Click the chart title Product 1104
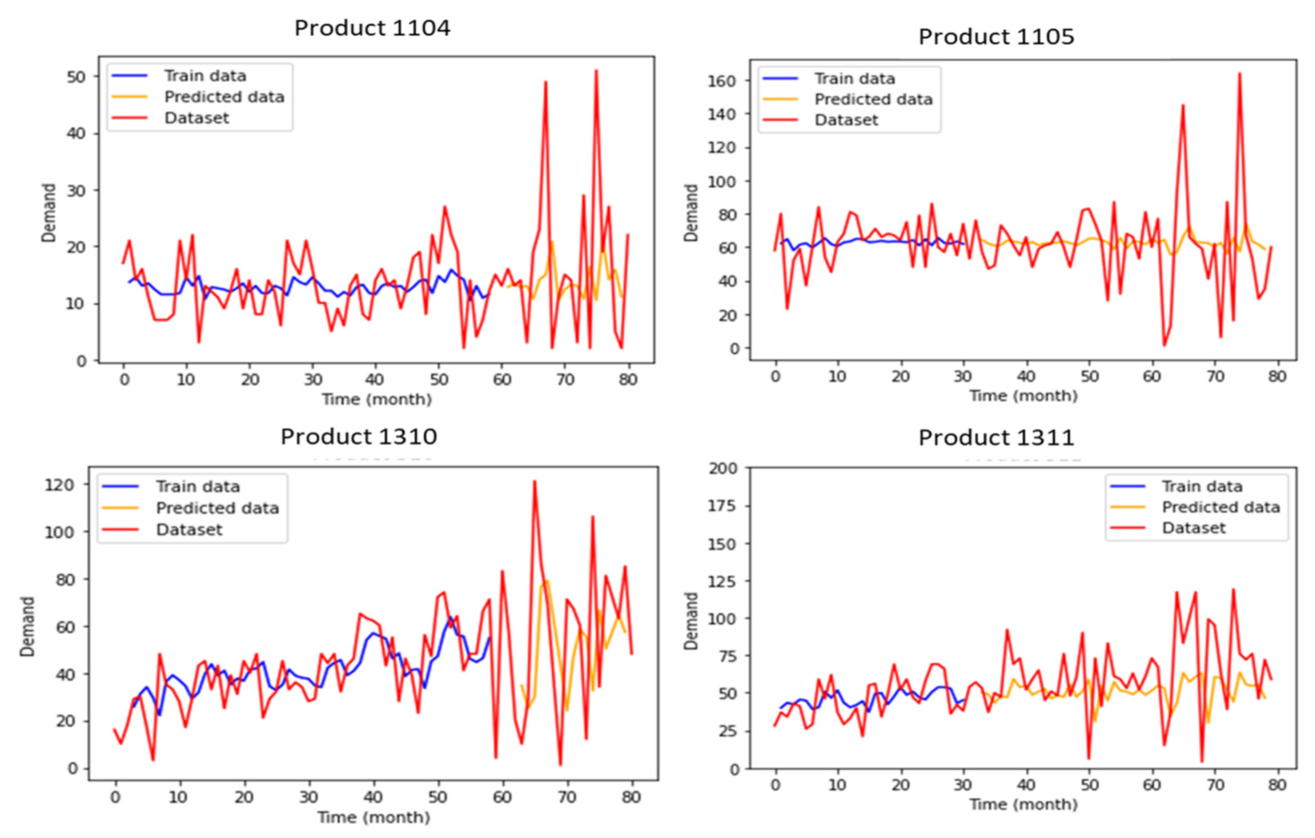(x=372, y=28)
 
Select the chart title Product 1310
(x=359, y=437)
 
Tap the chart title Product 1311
(x=996, y=438)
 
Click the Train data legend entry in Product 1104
(x=205, y=76)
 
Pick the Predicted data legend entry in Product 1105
(x=873, y=99)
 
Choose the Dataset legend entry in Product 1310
(x=189, y=529)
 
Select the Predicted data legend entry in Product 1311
(x=1221, y=507)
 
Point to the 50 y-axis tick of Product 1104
(x=76, y=77)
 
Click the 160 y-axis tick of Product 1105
(x=721, y=81)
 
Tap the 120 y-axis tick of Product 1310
(x=59, y=485)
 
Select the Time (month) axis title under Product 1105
(x=1023, y=396)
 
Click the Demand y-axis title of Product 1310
(x=27, y=626)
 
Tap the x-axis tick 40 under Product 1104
(x=375, y=379)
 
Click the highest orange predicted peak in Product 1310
(x=548, y=581)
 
